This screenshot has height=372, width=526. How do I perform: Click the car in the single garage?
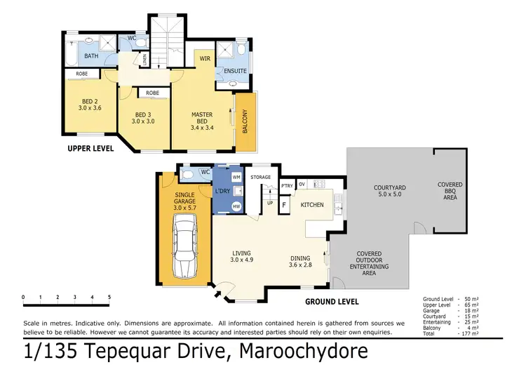pos(184,246)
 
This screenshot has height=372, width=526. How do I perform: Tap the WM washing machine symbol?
pos(236,177)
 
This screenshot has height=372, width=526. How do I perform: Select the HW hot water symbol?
pos(236,206)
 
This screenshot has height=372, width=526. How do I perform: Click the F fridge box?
pos(284,205)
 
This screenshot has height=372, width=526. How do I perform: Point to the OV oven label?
pos(302,185)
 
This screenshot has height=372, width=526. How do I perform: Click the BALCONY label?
pos(245,121)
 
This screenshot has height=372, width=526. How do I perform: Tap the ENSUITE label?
pos(235,71)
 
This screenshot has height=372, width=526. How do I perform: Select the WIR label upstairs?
pos(205,58)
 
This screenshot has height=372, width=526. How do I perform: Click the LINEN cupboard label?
pos(145,60)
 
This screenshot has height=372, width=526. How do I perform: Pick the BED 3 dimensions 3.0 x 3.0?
pos(143,121)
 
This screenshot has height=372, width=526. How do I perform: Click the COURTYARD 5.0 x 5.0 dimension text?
pos(390,194)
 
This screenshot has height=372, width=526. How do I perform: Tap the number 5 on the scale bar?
pos(109,297)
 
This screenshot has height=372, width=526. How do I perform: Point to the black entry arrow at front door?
pos(218,294)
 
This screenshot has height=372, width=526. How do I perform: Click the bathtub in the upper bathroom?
pos(72,53)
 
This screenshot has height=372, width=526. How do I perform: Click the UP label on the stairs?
pos(270,203)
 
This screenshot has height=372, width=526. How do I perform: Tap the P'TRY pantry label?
pos(287,186)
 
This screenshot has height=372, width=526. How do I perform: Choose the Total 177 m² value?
pos(470,333)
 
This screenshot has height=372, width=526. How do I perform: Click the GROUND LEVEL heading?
pos(332,302)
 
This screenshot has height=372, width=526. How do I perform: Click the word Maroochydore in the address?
pos(303,351)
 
